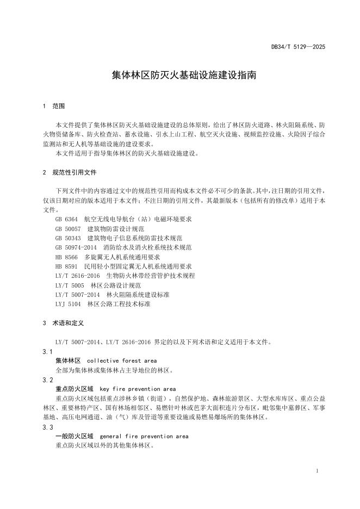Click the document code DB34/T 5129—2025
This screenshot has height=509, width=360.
(298, 47)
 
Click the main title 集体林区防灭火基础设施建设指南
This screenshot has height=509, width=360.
(180, 76)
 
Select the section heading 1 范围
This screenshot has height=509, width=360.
(54, 105)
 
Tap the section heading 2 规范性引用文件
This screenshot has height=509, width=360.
(69, 172)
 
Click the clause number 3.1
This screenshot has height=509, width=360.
(47, 352)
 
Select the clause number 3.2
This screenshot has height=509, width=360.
(47, 380)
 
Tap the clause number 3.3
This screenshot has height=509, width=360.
(47, 427)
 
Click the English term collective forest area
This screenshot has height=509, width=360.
(122, 361)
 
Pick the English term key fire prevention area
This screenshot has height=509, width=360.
(138, 389)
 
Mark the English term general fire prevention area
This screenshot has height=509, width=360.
(145, 436)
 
